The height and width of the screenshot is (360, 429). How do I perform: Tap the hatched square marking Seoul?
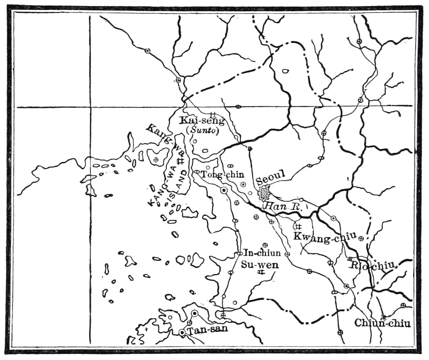tap(263, 192)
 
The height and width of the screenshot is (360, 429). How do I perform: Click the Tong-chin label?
tap(223, 175)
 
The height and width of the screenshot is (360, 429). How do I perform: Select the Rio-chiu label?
tap(373, 265)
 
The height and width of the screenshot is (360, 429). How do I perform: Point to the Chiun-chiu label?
tap(382, 324)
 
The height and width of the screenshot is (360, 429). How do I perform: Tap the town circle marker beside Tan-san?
tap(182, 332)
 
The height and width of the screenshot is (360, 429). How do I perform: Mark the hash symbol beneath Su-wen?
tap(260, 272)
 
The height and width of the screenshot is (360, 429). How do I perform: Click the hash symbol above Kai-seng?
tap(213, 114)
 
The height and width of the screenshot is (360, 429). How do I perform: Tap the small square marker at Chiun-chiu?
tap(384, 317)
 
